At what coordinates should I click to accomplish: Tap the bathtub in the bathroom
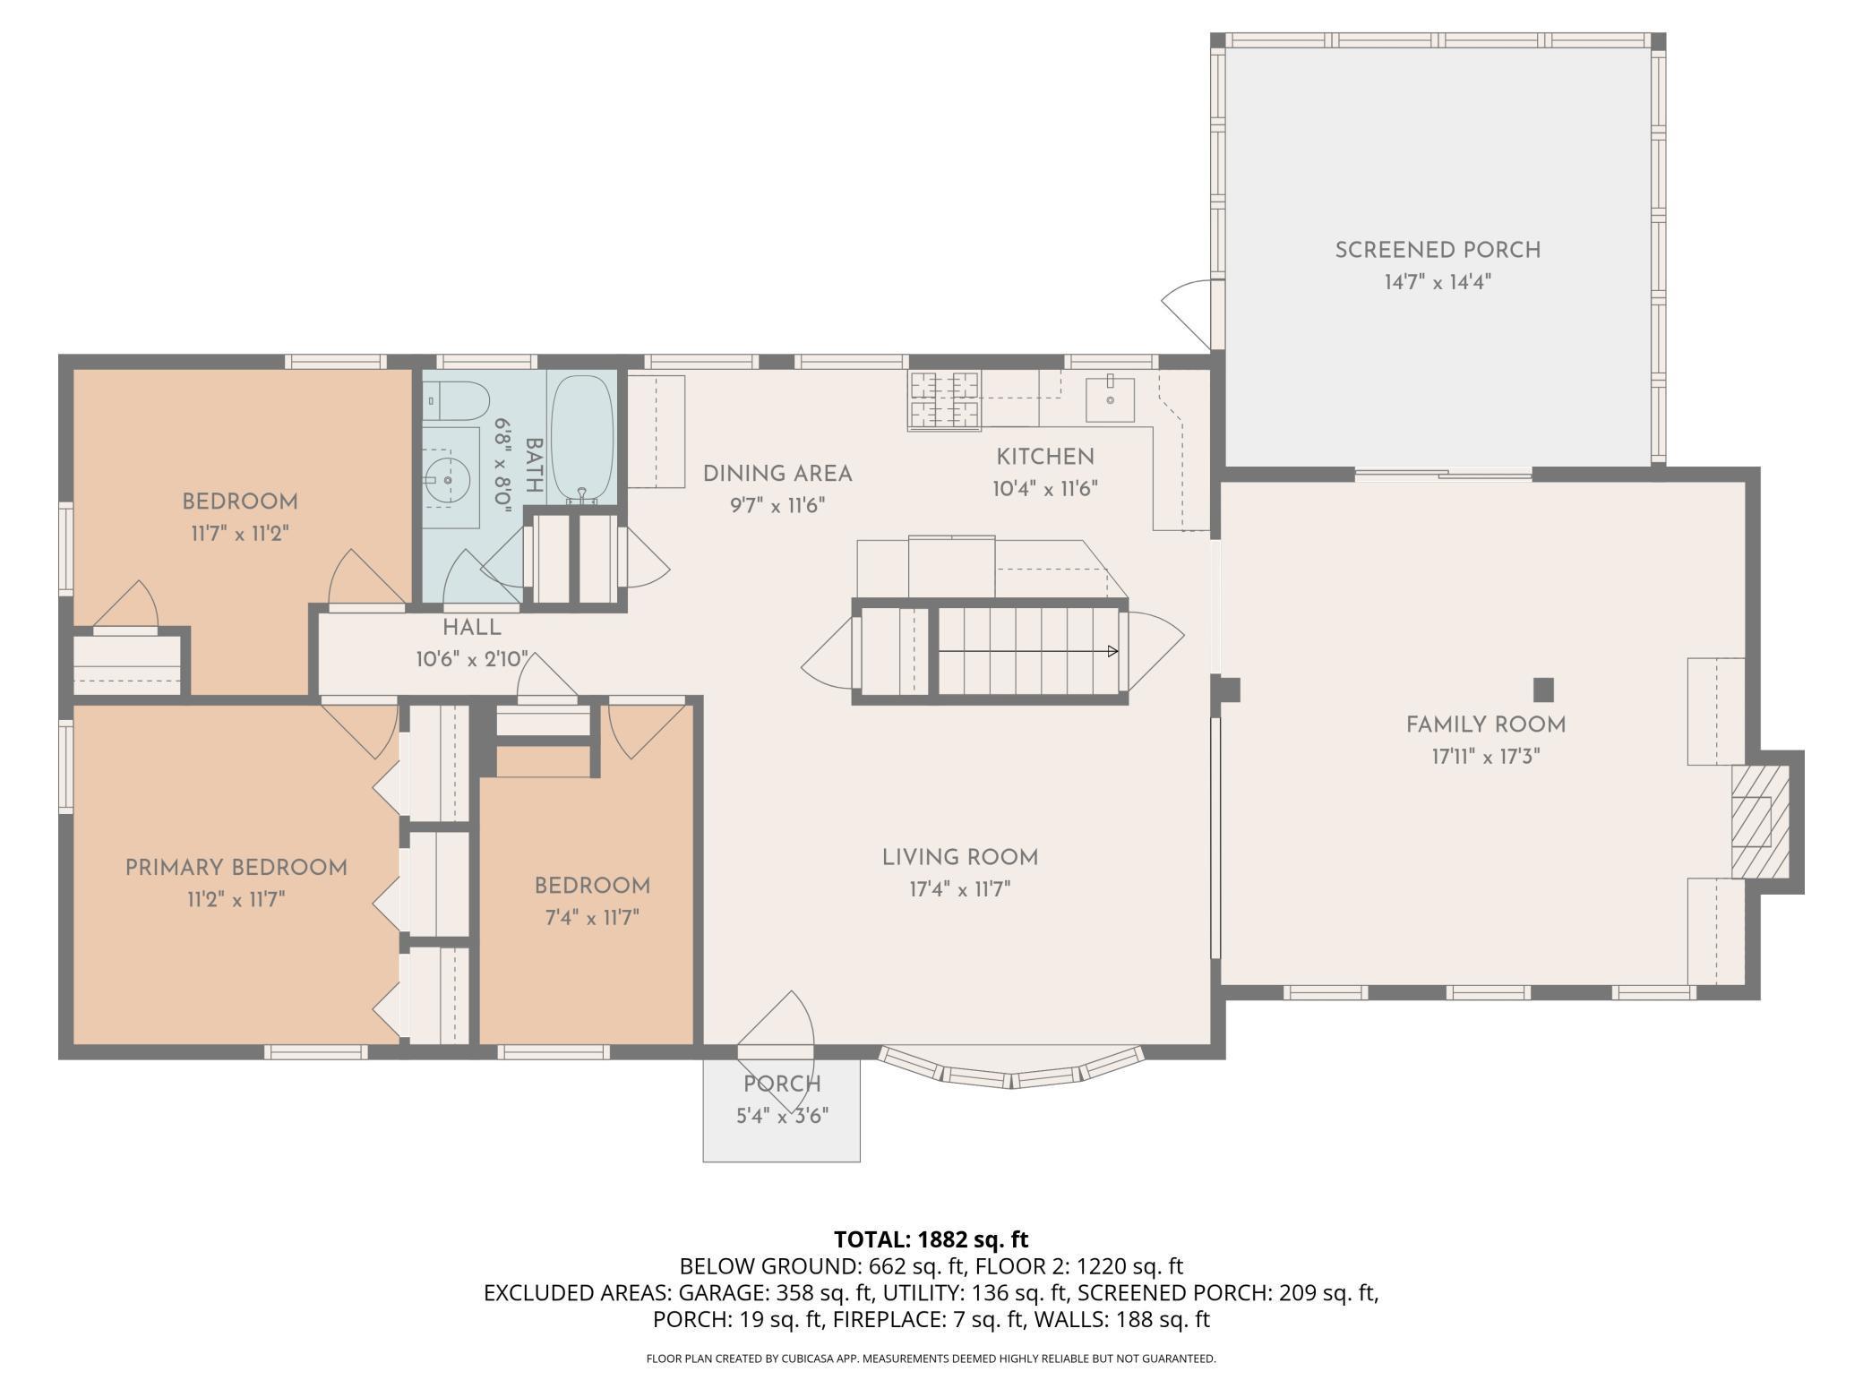point(582,440)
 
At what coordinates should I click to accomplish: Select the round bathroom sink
point(450,478)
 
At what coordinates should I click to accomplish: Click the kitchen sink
point(1110,399)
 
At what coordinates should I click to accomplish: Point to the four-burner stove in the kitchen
point(945,399)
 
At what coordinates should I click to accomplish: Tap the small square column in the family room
point(1543,690)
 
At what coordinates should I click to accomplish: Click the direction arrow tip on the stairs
point(1117,651)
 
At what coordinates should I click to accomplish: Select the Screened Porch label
point(1438,250)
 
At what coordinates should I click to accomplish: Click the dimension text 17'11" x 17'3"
point(1485,757)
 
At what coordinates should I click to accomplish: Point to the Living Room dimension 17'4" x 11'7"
point(959,889)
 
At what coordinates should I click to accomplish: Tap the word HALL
point(472,627)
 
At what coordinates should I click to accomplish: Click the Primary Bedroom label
point(236,867)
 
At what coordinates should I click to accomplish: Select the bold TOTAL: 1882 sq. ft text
point(931,1239)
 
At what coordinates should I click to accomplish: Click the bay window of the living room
point(1011,1067)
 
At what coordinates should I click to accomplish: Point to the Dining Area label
point(777,474)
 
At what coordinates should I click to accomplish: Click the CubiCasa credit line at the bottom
point(931,1358)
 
